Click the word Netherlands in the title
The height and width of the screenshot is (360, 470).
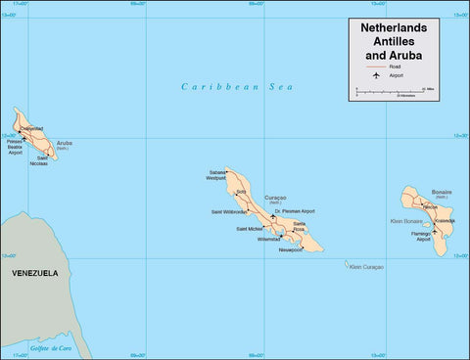(396, 28)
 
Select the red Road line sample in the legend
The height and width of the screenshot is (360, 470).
(373, 66)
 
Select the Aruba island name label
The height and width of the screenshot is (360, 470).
(65, 143)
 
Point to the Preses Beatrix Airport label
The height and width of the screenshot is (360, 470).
(15, 148)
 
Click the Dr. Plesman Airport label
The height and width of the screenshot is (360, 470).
(295, 211)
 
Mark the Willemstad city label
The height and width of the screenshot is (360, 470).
(269, 239)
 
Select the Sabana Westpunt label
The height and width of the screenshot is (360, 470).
(216, 176)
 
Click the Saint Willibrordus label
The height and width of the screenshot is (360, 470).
(229, 211)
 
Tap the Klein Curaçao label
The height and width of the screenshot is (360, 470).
(366, 266)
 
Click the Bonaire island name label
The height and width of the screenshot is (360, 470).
(442, 193)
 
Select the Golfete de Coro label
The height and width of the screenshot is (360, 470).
(51, 347)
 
